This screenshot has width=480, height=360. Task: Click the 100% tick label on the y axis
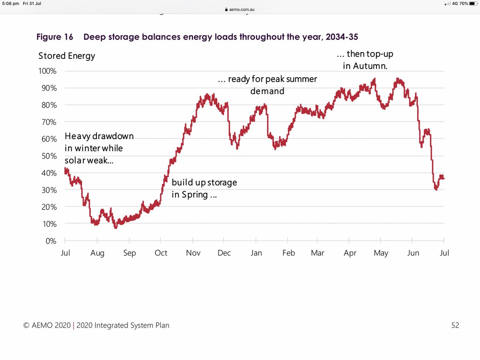(x=48, y=71)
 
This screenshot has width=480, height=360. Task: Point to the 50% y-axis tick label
(x=50, y=156)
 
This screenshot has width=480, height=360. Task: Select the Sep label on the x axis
(x=130, y=253)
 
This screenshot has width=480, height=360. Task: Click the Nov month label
(x=193, y=253)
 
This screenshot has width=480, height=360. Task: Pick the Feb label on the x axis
(x=288, y=253)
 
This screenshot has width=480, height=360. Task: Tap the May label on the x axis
(x=381, y=253)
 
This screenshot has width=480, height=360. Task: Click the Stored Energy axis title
(x=67, y=56)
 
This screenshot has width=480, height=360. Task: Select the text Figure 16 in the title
(x=55, y=37)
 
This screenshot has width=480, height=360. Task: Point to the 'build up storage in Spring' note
(x=204, y=188)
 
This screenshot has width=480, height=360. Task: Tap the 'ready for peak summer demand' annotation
(x=267, y=85)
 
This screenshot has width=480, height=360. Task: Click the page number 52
(x=455, y=325)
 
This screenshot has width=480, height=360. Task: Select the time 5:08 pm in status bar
(x=10, y=4)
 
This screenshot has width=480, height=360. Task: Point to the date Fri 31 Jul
(x=32, y=4)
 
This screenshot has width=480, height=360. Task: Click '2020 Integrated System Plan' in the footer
(x=122, y=325)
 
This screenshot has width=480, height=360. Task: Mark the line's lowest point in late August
(x=116, y=228)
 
